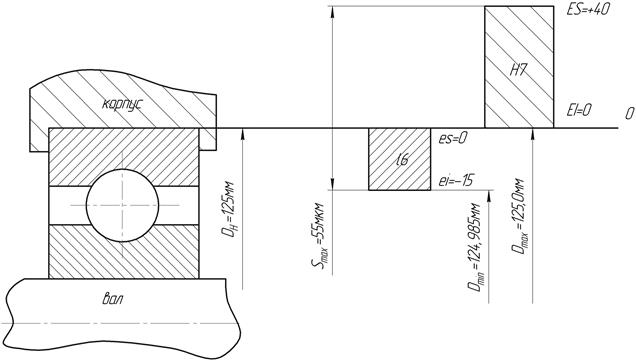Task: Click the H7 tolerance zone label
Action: (x=518, y=71)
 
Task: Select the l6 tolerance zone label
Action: (x=402, y=161)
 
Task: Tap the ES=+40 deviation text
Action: (x=588, y=9)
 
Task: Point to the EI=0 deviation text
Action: (x=579, y=110)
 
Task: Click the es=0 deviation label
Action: (x=452, y=139)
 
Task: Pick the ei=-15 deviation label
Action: (x=456, y=180)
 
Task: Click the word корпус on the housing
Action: (x=122, y=104)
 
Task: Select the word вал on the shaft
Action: (x=112, y=300)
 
